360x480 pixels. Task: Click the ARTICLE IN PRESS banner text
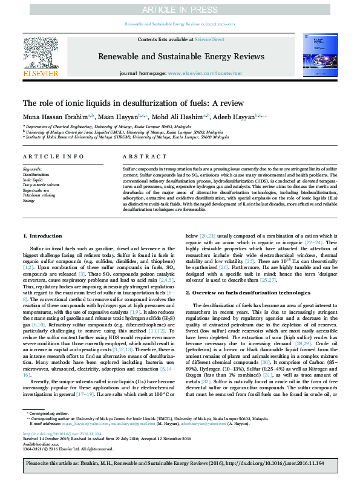click(x=180, y=10)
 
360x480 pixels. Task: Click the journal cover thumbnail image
click(x=320, y=56)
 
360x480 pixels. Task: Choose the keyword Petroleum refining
click(x=39, y=195)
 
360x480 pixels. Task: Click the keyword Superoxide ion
click(x=36, y=190)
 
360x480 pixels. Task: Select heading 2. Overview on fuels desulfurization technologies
click(x=251, y=292)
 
